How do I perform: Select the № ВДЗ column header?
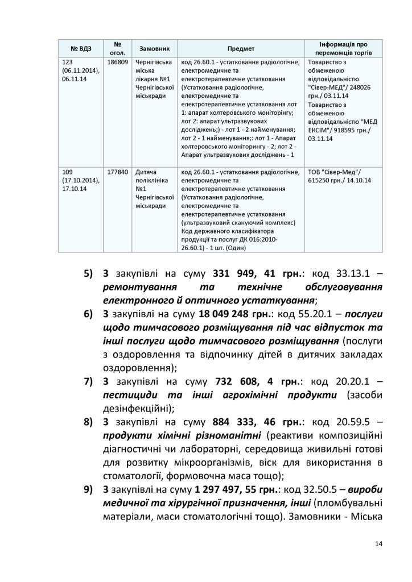(81, 49)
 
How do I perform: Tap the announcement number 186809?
(117, 61)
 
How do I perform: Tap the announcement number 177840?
(117, 172)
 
